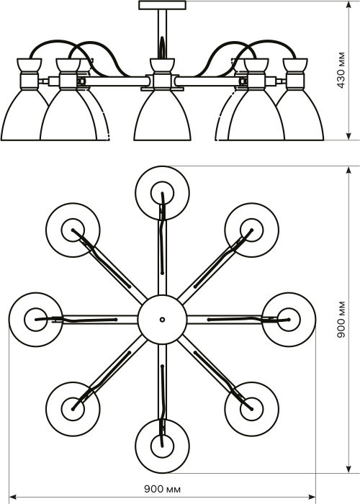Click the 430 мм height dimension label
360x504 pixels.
click(341, 70)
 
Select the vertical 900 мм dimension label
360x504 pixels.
click(341, 319)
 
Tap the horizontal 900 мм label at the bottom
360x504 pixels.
click(162, 490)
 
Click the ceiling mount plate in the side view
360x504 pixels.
click(162, 5)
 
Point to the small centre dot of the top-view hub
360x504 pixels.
click(162, 320)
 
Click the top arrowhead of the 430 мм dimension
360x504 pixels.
click(348, 5)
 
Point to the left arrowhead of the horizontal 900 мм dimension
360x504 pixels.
click(13, 498)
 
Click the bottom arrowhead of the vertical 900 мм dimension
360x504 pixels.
click(348, 469)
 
